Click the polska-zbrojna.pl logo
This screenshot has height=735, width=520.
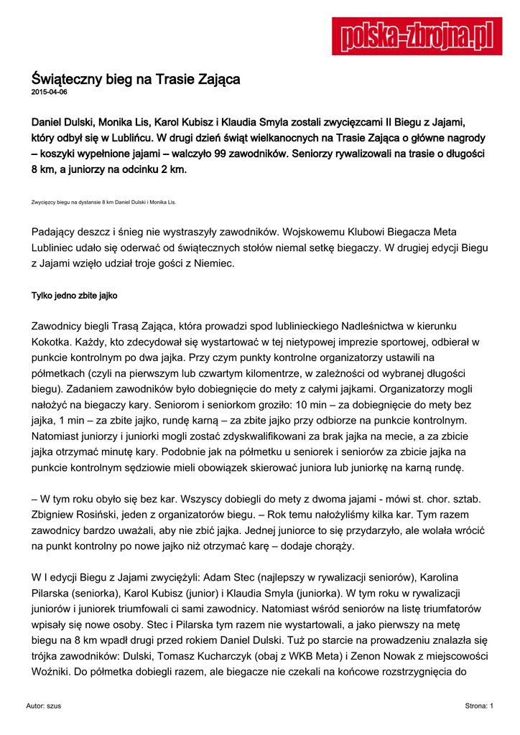(417, 36)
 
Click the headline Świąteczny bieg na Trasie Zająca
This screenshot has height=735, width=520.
(136, 78)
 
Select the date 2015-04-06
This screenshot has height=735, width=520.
(50, 93)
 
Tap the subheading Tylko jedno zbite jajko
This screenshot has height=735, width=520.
(75, 295)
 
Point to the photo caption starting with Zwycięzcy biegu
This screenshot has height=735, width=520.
(103, 202)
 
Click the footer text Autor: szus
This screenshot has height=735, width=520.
(44, 706)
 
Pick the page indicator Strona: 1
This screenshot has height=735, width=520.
(479, 706)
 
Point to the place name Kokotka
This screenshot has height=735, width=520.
(52, 342)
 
